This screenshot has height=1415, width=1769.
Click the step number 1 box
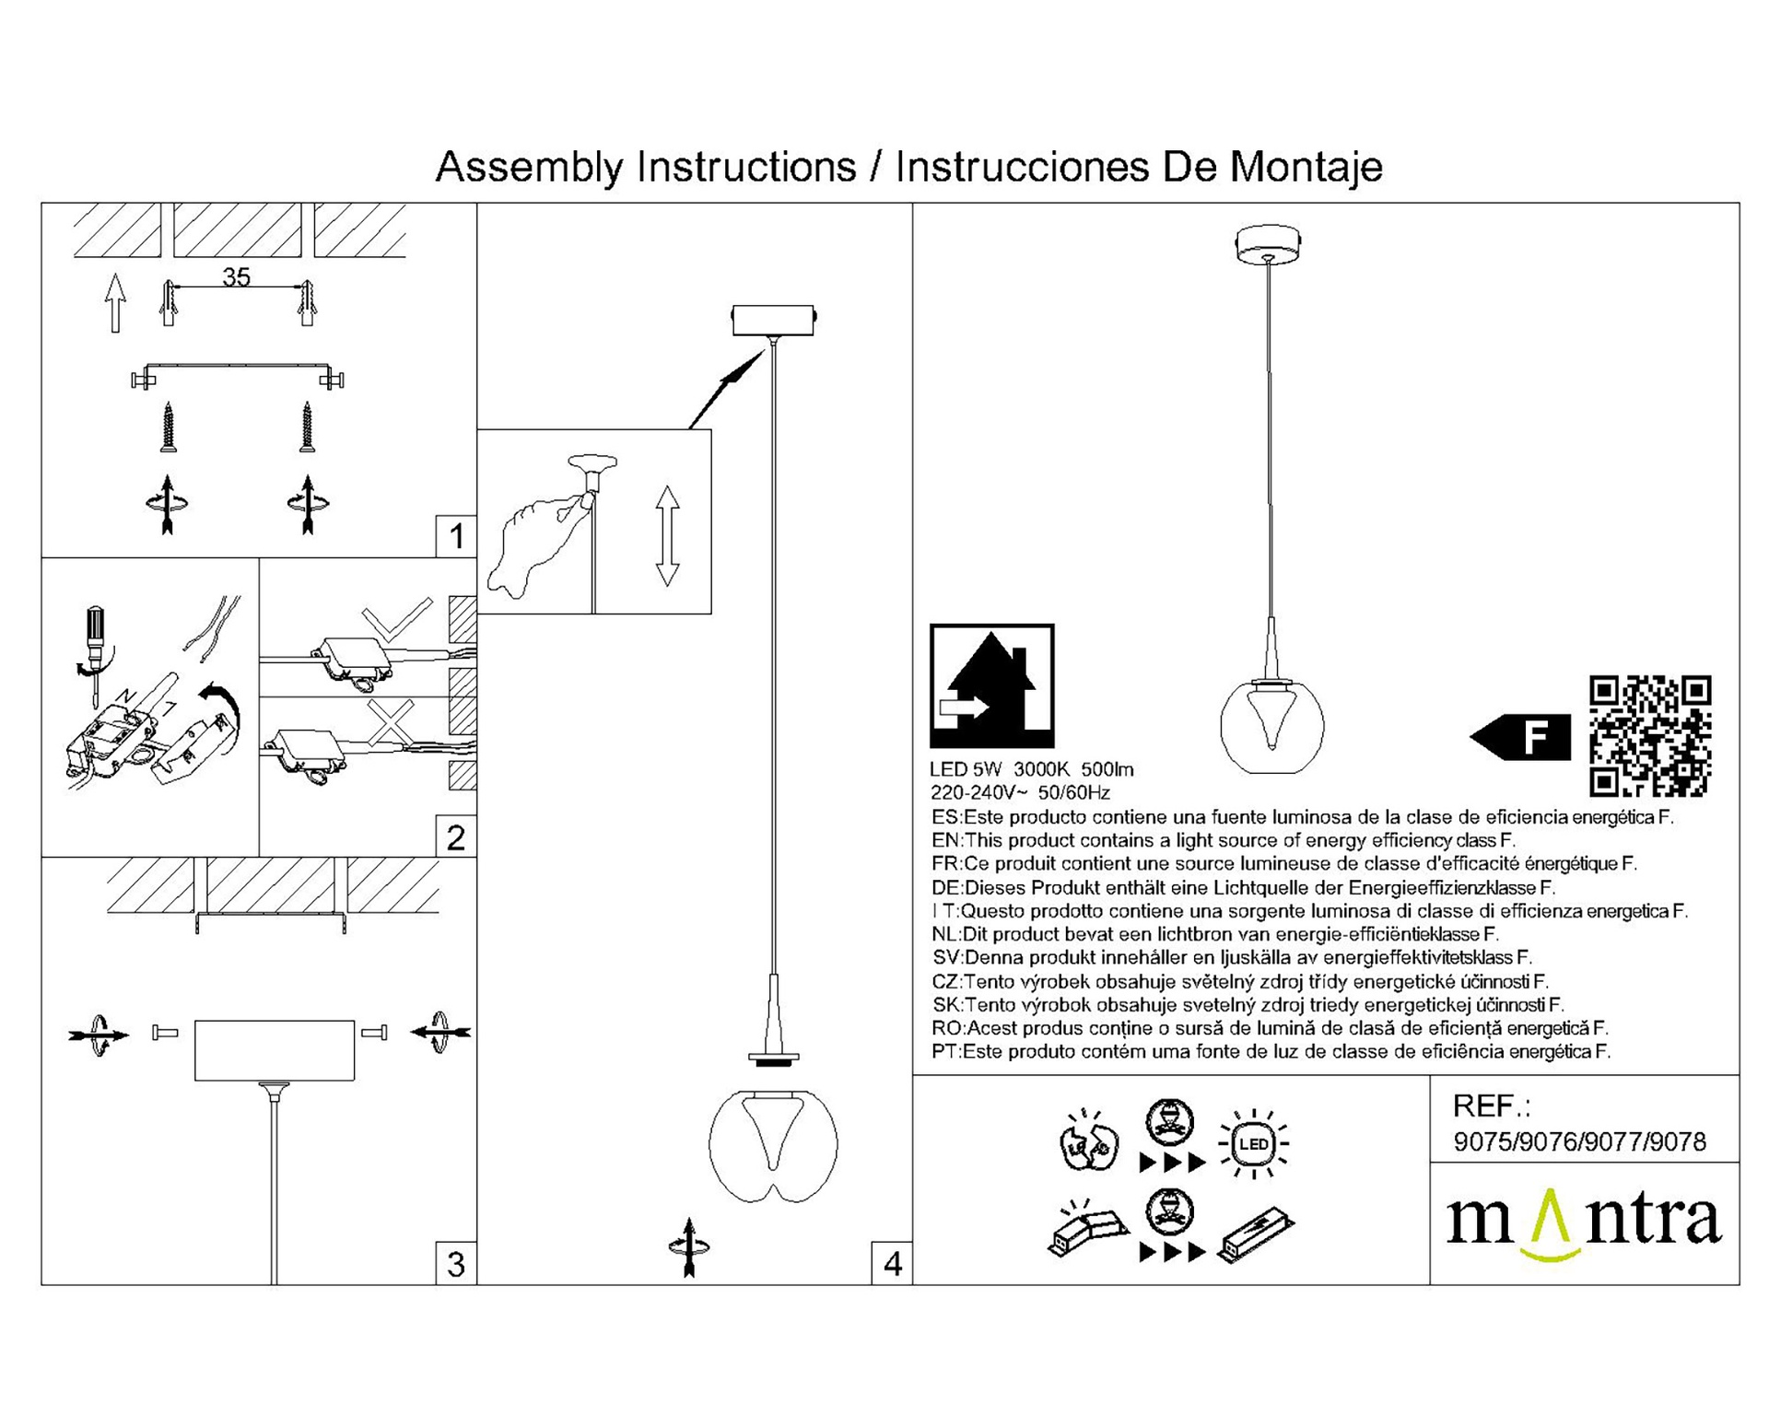click(456, 536)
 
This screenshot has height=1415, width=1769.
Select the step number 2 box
click(456, 837)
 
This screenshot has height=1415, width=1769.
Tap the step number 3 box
click(456, 1264)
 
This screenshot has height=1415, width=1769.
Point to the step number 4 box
click(892, 1264)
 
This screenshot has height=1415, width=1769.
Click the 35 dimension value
click(236, 276)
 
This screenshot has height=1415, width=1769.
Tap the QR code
click(1650, 736)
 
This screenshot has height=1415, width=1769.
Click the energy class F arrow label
click(1520, 737)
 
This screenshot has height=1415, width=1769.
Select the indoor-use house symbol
click(992, 686)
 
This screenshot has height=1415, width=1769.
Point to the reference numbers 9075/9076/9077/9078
click(1580, 1142)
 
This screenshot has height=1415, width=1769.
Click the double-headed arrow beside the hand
click(667, 536)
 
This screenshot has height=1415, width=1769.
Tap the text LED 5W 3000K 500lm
click(1032, 769)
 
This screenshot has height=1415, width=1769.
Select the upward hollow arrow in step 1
click(114, 301)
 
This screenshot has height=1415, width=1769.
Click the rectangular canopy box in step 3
click(275, 1049)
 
